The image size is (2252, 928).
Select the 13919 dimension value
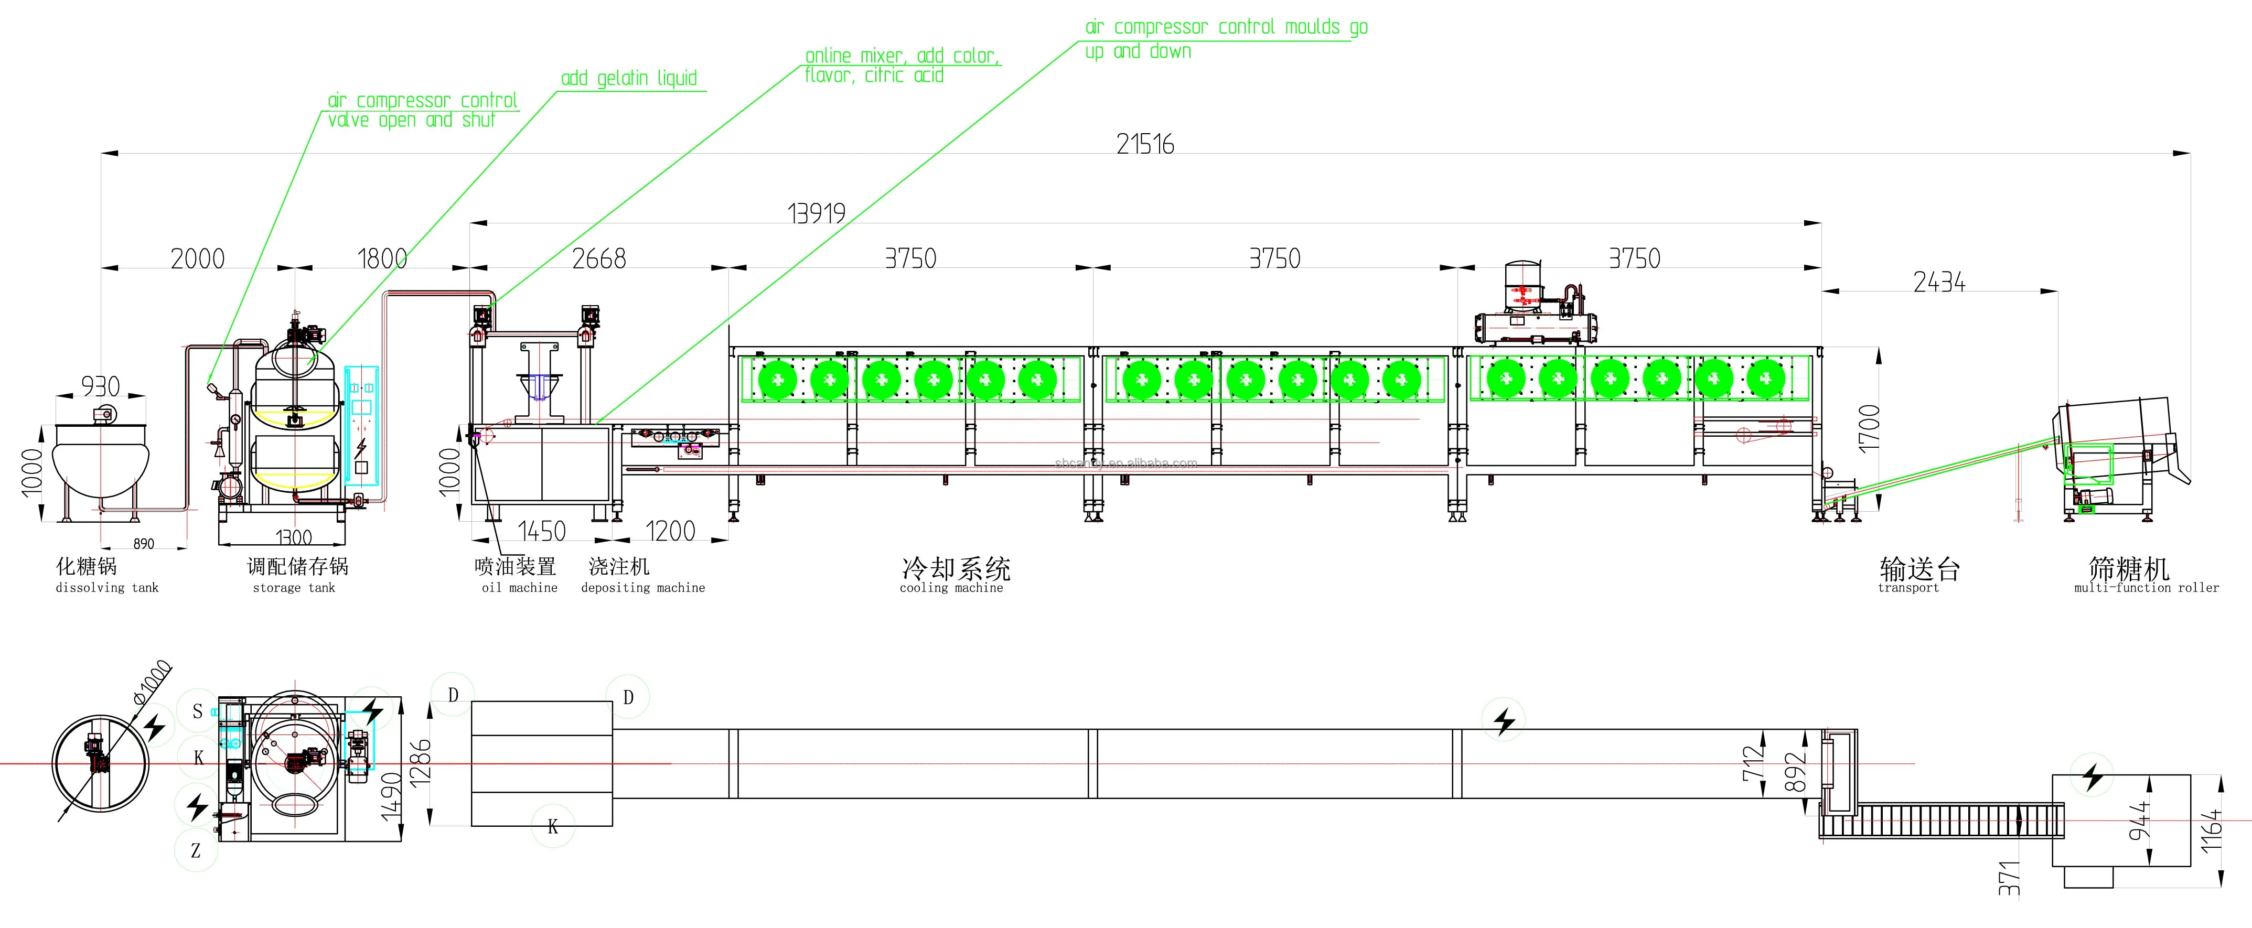(817, 213)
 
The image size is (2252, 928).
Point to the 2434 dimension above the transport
(1939, 282)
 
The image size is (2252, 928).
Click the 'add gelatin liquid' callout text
(629, 79)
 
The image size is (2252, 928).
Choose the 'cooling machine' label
(951, 588)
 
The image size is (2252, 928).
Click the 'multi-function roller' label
(2146, 588)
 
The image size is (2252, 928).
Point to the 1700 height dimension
(1868, 427)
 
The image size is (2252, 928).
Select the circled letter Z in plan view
(196, 850)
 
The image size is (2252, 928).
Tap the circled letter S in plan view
(198, 711)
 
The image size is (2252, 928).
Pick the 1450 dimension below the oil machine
(541, 531)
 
